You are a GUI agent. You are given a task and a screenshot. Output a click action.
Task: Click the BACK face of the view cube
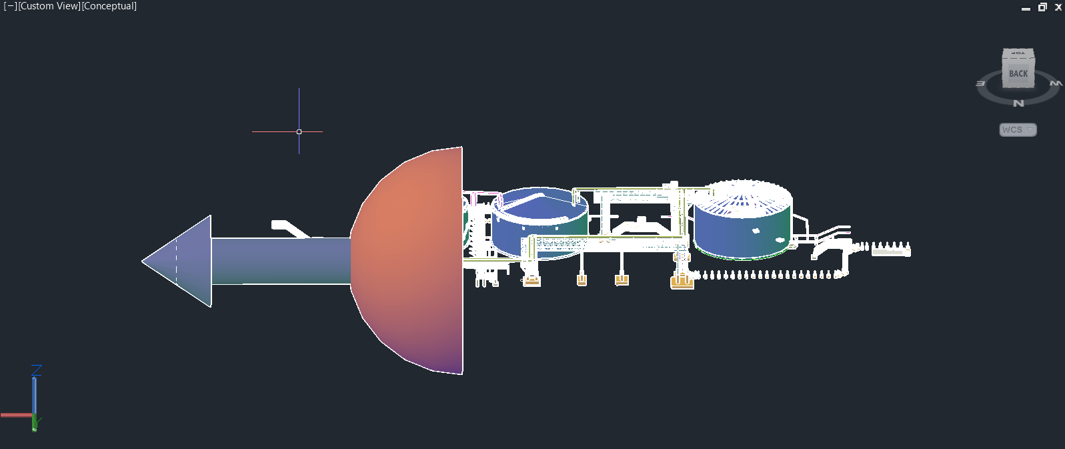click(x=1018, y=74)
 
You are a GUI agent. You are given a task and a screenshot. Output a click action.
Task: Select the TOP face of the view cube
click(x=1018, y=53)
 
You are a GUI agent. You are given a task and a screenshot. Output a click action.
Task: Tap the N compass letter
click(x=1018, y=103)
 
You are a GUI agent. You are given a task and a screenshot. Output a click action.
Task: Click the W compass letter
click(x=1056, y=83)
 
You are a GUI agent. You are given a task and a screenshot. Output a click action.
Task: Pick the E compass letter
click(x=980, y=83)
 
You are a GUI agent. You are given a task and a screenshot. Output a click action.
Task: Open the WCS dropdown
click(x=1018, y=129)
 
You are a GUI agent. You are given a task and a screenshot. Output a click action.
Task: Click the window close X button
click(x=1058, y=7)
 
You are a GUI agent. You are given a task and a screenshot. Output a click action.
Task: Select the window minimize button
click(x=1026, y=8)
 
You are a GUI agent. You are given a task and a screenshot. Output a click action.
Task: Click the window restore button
click(x=1042, y=7)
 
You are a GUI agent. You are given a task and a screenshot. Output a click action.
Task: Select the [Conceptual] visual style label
click(x=109, y=6)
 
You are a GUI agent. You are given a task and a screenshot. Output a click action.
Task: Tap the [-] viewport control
click(x=10, y=6)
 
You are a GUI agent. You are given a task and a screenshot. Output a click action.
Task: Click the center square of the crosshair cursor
click(x=299, y=131)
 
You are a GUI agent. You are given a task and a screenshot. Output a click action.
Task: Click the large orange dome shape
click(x=413, y=260)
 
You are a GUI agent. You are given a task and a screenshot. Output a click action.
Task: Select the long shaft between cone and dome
click(x=280, y=261)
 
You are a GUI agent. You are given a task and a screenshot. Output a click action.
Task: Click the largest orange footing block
click(x=682, y=282)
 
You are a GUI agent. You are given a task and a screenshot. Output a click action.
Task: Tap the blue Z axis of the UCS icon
click(x=35, y=394)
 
